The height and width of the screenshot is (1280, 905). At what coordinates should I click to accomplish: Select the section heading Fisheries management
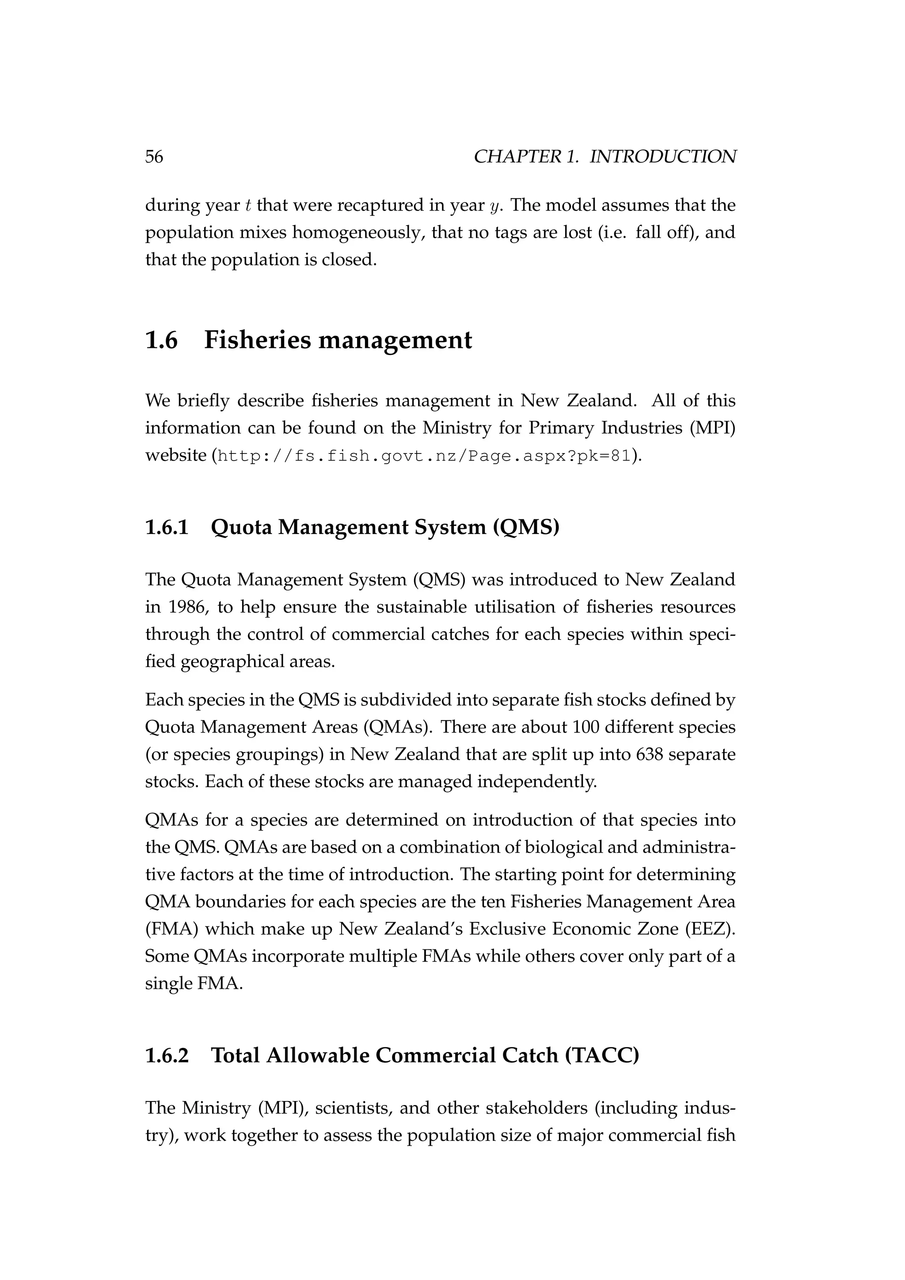(338, 339)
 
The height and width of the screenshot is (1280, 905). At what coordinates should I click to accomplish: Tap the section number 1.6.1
(167, 526)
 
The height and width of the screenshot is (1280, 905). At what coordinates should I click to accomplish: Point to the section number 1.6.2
(167, 1055)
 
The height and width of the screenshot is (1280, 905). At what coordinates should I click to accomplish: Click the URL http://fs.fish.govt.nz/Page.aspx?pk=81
(424, 456)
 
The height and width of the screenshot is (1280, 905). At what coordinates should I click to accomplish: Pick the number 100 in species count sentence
(583, 727)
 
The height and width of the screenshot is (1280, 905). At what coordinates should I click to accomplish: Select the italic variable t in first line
(248, 206)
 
